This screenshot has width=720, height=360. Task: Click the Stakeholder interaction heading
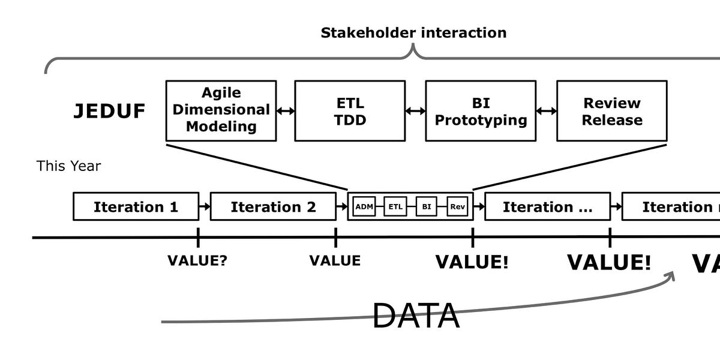pos(413,32)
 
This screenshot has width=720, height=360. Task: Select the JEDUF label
pos(109,112)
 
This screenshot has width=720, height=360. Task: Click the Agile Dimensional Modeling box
pos(221,110)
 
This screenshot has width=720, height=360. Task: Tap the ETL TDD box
pos(350,110)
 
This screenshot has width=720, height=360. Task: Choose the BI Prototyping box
pos(481,110)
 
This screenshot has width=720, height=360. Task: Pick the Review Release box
pos(611,110)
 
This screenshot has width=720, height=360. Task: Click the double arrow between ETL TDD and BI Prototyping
pos(415,111)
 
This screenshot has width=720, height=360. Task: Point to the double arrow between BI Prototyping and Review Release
pos(546,111)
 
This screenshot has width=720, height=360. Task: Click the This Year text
pos(68,166)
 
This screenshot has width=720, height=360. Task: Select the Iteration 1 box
pos(136,207)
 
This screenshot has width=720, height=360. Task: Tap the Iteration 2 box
pos(273,207)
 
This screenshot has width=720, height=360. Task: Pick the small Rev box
pos(457,207)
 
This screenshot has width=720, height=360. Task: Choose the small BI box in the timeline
pos(426,207)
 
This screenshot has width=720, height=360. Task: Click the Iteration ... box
pos(547,207)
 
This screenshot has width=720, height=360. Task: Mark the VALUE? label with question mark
pos(197,260)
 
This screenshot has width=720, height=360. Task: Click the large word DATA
pos(416,316)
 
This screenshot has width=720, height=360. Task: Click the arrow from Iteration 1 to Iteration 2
pos(205,207)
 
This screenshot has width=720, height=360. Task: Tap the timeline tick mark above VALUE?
pos(198,238)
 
